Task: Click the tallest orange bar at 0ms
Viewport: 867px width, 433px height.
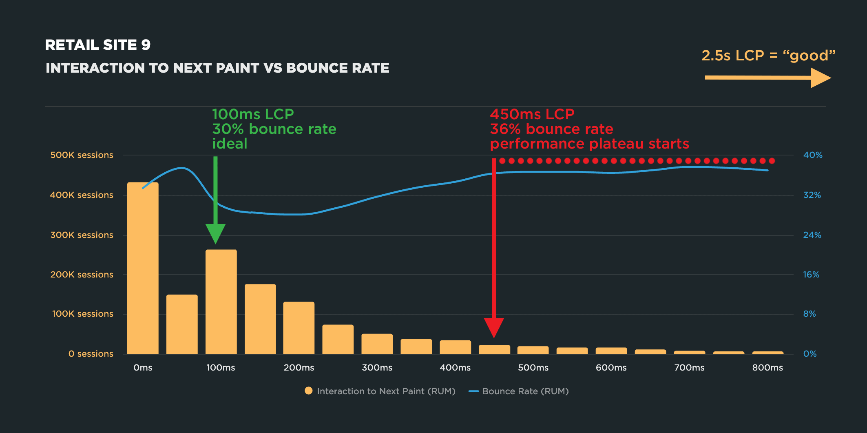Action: click(x=143, y=268)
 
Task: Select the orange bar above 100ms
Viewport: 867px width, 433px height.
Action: click(x=221, y=302)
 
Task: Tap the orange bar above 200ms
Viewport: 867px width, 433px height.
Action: click(x=299, y=328)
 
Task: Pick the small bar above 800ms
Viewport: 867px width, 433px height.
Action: click(x=768, y=353)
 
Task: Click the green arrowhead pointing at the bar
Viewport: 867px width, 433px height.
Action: click(x=216, y=233)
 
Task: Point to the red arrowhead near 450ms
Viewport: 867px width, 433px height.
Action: click(x=494, y=328)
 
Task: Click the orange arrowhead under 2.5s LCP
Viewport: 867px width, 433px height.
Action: click(x=821, y=78)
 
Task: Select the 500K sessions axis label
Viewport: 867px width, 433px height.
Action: click(x=82, y=155)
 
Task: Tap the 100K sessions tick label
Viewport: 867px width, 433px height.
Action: click(x=83, y=314)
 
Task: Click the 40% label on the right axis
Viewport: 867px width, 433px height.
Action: click(x=813, y=155)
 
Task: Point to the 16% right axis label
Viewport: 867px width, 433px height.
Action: click(x=811, y=275)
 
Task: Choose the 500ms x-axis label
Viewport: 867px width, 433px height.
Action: click(x=533, y=368)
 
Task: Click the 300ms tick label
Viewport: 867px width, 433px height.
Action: click(x=377, y=368)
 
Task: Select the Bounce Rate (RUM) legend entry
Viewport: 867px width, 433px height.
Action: click(x=519, y=391)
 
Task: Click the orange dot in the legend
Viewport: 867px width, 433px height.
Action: click(x=309, y=391)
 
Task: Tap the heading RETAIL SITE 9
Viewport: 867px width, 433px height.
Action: click(x=98, y=45)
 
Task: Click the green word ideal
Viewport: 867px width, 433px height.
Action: click(x=230, y=144)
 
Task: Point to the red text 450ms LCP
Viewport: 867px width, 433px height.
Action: click(x=532, y=114)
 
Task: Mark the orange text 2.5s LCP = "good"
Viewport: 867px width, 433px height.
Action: click(x=769, y=56)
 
